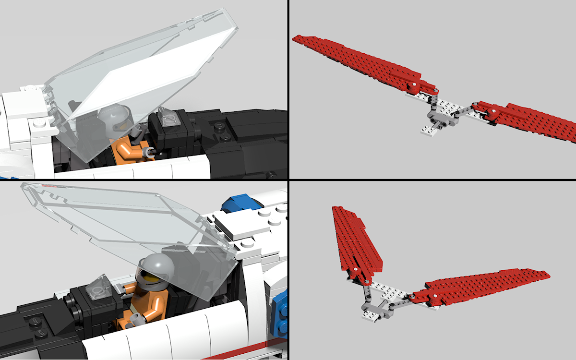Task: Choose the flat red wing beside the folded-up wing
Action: tap(485, 286)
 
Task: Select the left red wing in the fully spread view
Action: tap(355, 60)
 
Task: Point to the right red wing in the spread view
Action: tap(528, 120)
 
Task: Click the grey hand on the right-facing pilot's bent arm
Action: tap(150, 153)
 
